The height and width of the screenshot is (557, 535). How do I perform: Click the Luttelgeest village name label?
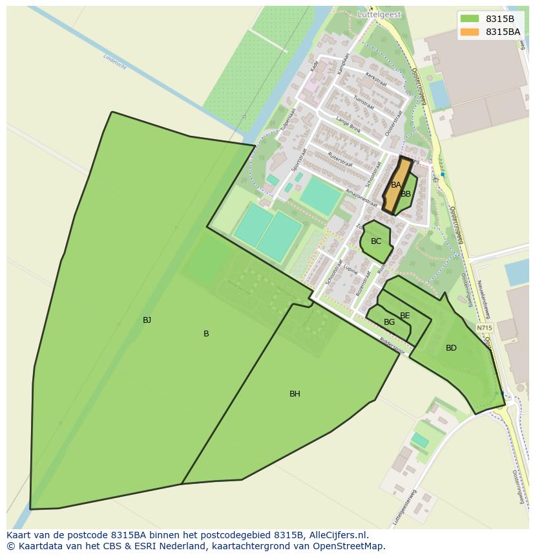tap(379, 14)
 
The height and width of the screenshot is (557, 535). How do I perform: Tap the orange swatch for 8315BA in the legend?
tap(470, 32)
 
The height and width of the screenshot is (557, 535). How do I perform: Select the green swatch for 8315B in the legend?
tap(470, 19)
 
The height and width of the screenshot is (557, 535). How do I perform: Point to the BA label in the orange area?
tap(396, 185)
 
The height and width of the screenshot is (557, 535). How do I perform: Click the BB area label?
tap(406, 194)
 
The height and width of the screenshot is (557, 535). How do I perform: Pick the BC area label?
tap(376, 241)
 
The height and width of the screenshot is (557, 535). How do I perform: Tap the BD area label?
tap(451, 348)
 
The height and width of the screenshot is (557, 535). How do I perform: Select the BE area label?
tap(405, 316)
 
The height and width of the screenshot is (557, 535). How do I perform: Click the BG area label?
tap(389, 322)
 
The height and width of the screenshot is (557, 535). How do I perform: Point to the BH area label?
tap(295, 394)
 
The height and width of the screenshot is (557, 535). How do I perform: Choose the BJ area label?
tap(147, 320)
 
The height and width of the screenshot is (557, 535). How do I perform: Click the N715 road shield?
tap(484, 328)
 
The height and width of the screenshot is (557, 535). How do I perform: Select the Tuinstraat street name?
tap(364, 101)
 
